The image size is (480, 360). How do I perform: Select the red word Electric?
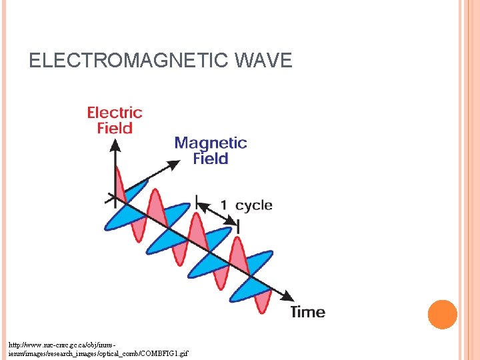[115, 113]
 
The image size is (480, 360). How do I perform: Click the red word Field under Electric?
[115, 128]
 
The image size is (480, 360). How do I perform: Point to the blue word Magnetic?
[210, 143]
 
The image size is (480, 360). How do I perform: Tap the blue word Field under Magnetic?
[211, 159]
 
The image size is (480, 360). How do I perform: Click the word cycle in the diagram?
[254, 205]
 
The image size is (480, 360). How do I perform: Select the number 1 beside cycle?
[224, 205]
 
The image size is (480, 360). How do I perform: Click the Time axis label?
[307, 312]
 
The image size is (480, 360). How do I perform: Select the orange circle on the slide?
[442, 315]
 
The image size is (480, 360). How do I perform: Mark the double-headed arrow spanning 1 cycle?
[217, 213]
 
